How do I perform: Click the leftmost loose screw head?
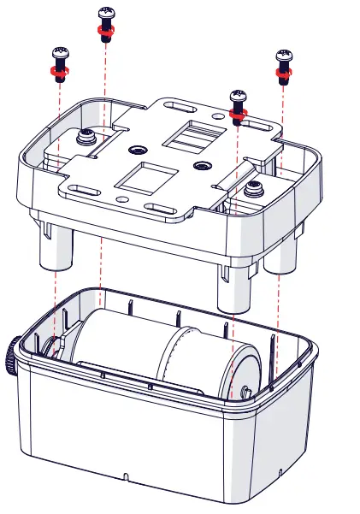pyautogui.click(x=59, y=53)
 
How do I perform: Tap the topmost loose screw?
pyautogui.click(x=106, y=14)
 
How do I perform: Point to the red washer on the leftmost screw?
pyautogui.click(x=59, y=72)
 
